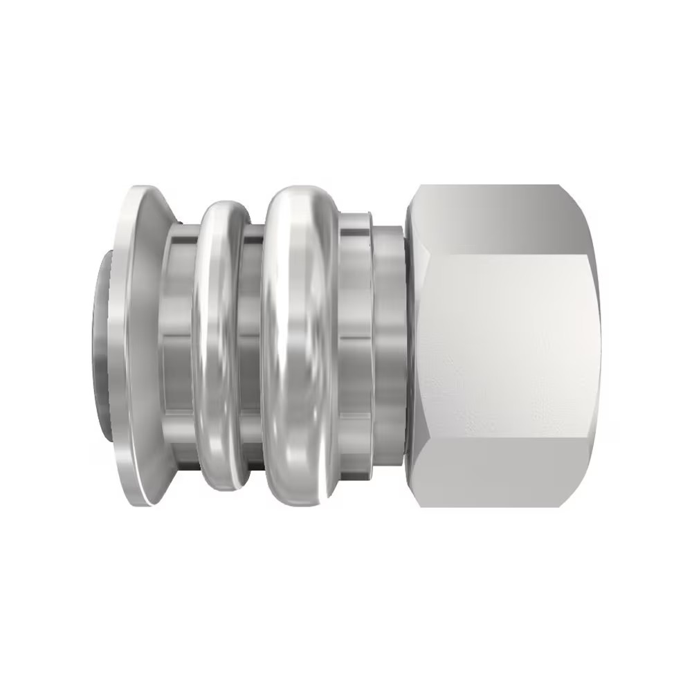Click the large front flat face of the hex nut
[509, 346]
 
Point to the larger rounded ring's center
[299, 346]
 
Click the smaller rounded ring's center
[220, 346]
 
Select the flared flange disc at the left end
[138, 346]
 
